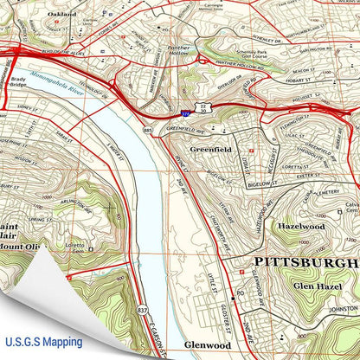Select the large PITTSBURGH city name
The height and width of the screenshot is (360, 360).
pyautogui.click(x=303, y=260)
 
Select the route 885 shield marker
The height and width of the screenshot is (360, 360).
pyautogui.click(x=148, y=132)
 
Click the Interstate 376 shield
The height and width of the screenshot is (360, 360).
pyautogui.click(x=186, y=112)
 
